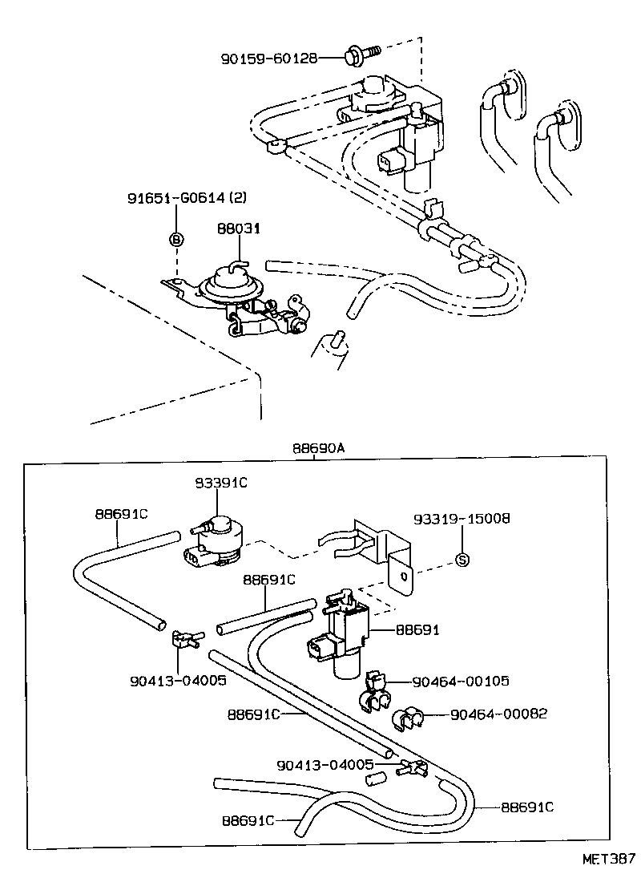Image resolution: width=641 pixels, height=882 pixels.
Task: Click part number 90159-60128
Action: tap(269, 58)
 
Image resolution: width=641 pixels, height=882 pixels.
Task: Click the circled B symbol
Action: tap(176, 239)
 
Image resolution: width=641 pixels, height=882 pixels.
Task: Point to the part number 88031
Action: tap(239, 229)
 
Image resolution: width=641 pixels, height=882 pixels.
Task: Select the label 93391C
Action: tap(221, 483)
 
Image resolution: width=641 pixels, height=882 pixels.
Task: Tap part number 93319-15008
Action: tap(462, 519)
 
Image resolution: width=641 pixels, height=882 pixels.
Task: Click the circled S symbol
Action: tap(462, 560)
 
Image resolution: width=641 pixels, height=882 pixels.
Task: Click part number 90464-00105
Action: tap(461, 682)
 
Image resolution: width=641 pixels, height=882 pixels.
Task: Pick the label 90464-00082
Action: tap(498, 713)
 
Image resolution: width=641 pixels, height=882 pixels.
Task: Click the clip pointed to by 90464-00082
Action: tap(410, 718)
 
